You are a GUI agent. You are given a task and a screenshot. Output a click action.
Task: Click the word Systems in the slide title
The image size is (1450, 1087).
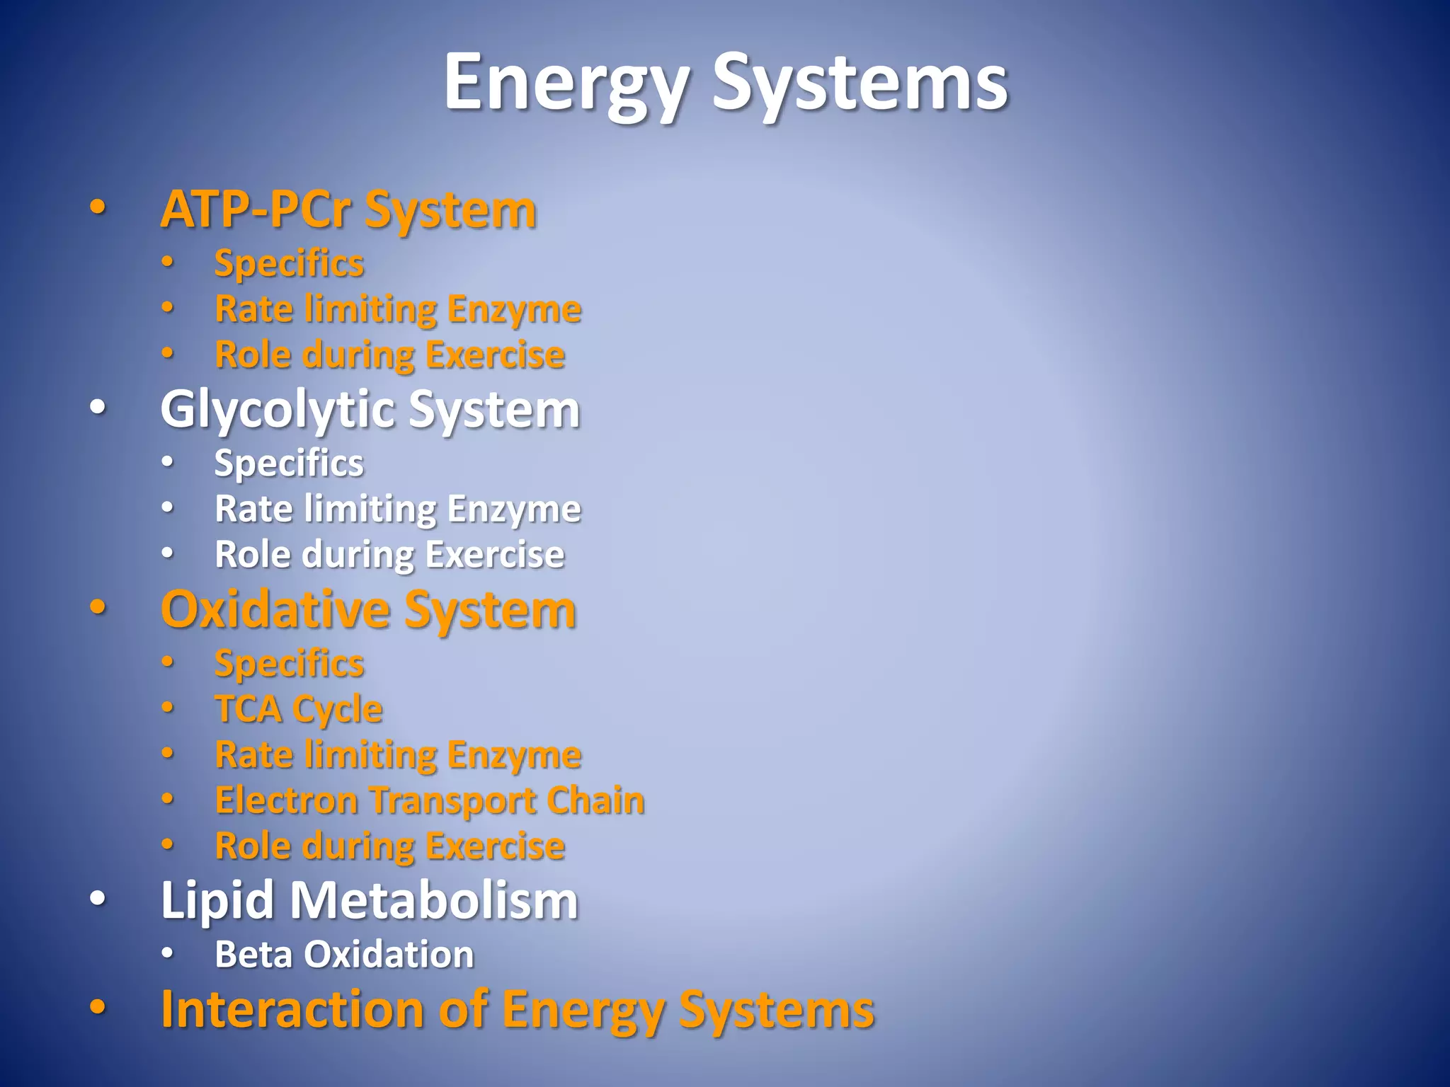tap(860, 84)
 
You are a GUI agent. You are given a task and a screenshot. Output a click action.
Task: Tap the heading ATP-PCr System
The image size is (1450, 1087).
tap(348, 209)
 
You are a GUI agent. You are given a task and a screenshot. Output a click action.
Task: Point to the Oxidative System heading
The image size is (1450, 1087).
tap(368, 609)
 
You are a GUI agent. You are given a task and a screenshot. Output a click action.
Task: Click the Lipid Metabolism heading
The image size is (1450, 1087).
tap(369, 900)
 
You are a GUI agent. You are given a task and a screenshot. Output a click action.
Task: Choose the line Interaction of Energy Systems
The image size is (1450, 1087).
tap(518, 1008)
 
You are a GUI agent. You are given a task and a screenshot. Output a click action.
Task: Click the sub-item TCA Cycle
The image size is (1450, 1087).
tap(298, 708)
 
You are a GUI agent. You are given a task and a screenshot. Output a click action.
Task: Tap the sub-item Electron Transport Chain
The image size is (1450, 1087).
tap(430, 800)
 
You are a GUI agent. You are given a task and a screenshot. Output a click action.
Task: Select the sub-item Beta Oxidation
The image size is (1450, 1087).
tap(344, 954)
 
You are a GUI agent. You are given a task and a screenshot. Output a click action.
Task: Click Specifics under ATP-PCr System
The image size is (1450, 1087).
tap(289, 263)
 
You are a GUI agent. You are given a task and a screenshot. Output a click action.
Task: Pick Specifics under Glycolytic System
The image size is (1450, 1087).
tap(289, 464)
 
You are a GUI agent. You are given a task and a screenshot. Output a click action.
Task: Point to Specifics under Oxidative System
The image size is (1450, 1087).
tap(289, 664)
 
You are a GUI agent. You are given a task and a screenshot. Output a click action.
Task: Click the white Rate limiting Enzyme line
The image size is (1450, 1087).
tap(398, 509)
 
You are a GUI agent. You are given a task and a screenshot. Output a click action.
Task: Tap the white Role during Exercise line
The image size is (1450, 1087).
tap(389, 554)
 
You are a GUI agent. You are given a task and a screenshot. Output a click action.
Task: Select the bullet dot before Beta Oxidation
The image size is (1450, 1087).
tap(167, 954)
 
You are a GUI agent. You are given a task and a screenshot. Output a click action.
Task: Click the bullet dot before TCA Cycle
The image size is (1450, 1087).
tap(167, 708)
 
